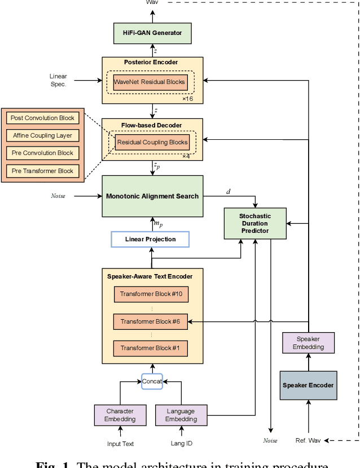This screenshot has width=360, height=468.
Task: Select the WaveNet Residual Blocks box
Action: point(150,82)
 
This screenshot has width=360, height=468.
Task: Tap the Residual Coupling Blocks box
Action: point(152,143)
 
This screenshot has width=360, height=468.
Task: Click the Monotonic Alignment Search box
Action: point(152,196)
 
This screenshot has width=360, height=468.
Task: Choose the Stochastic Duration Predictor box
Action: point(254,223)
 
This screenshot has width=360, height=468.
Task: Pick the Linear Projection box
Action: point(150,239)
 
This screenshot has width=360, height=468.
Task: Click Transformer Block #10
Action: point(150,294)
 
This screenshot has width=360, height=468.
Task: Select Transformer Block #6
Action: point(150,321)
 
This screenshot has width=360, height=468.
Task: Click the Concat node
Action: point(152,381)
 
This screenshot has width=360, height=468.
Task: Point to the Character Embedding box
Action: point(120,415)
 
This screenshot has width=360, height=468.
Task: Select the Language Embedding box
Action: point(181,415)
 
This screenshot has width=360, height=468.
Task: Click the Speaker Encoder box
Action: point(309,386)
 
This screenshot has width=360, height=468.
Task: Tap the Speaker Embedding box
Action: point(309,343)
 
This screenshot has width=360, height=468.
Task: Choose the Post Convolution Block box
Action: point(43,118)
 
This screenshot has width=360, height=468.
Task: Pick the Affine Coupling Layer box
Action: point(43,136)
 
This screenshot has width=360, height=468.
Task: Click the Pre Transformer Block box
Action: point(43,171)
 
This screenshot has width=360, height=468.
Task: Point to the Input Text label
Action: point(120,444)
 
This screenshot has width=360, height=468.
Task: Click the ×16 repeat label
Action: point(187,98)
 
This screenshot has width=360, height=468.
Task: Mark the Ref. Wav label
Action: point(308,440)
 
